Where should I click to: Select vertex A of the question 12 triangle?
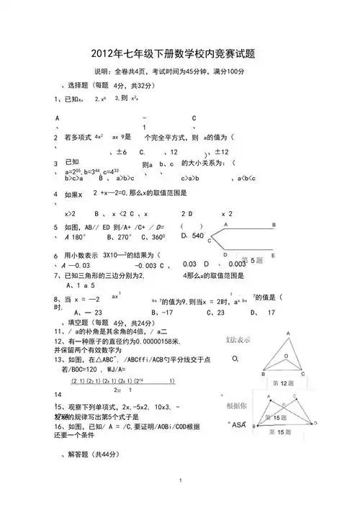[288, 332]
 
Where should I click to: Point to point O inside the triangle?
[235, 358]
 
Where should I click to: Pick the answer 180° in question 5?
[75, 236]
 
